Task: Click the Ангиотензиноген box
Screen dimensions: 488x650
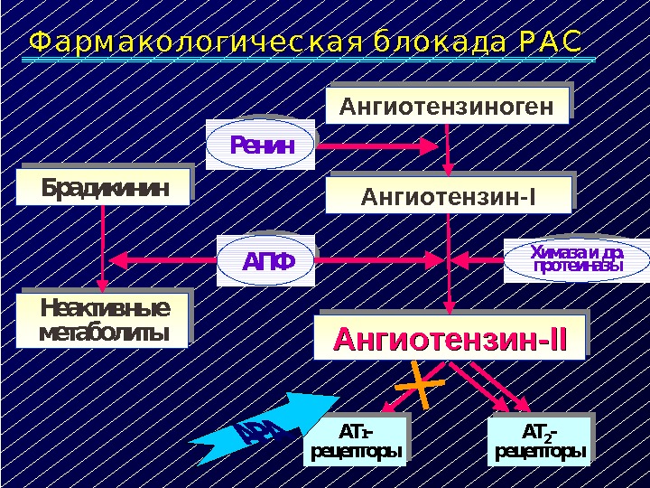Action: pos(447,108)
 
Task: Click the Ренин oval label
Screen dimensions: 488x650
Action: pos(262,144)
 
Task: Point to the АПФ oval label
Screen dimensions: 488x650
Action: pos(269,261)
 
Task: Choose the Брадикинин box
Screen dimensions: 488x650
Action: pos(105,189)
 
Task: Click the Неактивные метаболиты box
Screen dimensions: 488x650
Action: pos(105,320)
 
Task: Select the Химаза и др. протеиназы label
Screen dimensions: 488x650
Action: pos(577,258)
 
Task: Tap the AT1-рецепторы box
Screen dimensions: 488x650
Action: pos(354,440)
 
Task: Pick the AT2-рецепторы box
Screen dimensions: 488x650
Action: pos(539,440)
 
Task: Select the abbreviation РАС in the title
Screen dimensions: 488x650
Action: pos(551,44)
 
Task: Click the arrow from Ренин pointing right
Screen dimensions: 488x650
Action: pos(379,145)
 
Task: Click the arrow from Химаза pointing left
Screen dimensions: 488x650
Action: pos(478,260)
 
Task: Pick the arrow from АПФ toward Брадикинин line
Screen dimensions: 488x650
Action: pos(162,260)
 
